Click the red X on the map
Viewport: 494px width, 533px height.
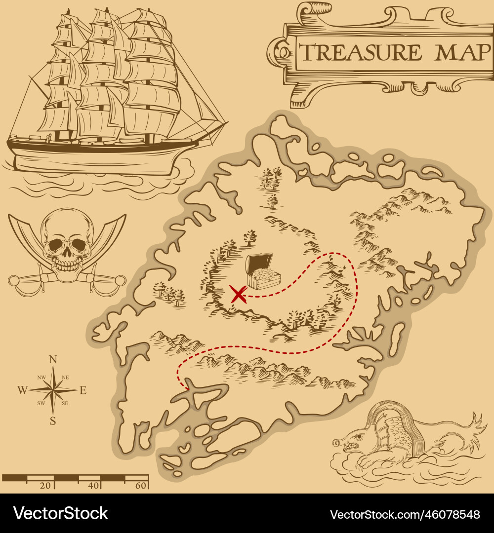[x=239, y=295]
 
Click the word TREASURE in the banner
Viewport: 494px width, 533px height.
[x=361, y=52]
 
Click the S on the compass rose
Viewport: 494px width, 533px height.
[x=53, y=421]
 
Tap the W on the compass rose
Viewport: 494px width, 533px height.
[x=22, y=390]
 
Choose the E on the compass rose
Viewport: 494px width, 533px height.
[x=83, y=390]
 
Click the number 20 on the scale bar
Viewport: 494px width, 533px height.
[x=45, y=486]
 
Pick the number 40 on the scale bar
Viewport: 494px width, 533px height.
[x=93, y=486]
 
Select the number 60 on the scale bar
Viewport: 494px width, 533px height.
[x=141, y=486]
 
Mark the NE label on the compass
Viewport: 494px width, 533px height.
[x=65, y=379]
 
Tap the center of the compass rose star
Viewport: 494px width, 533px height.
[x=53, y=390]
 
